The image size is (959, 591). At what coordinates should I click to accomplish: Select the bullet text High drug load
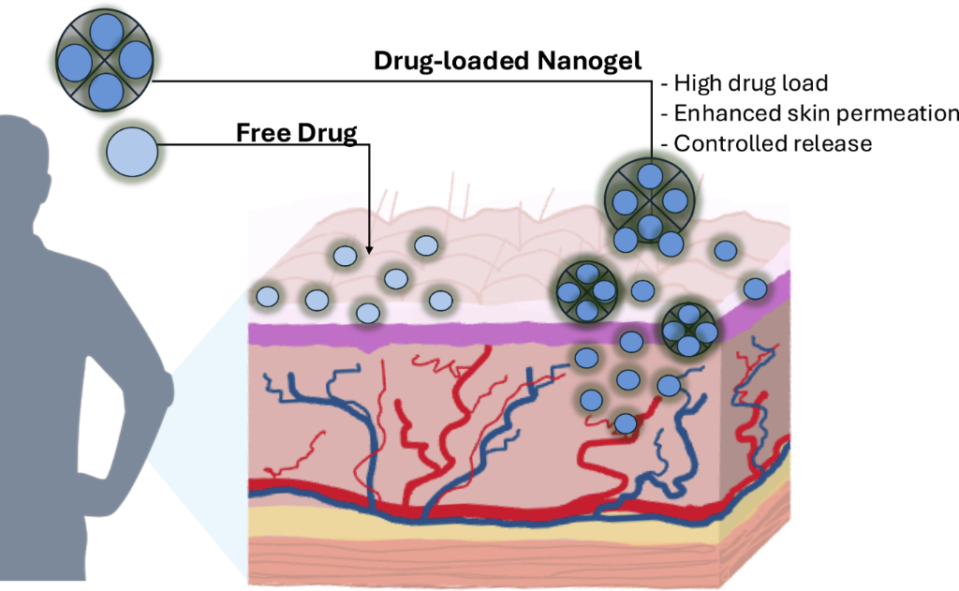(x=750, y=84)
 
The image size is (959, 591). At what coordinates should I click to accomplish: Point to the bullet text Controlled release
(x=773, y=144)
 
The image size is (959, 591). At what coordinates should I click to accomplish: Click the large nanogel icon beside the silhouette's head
(x=105, y=62)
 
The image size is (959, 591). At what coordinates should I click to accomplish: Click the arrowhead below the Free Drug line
(x=369, y=249)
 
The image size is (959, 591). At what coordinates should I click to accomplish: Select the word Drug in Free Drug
(x=328, y=133)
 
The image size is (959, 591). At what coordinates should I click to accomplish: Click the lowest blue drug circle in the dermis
(x=625, y=423)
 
